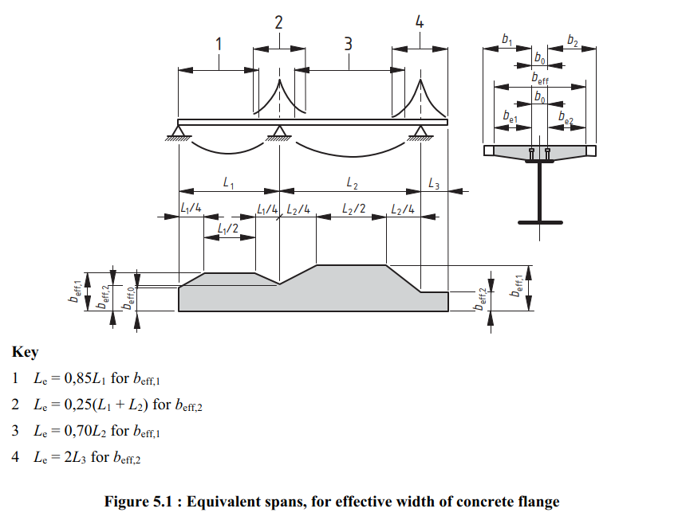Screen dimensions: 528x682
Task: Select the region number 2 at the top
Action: click(x=278, y=22)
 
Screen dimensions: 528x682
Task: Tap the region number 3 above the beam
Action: click(x=348, y=44)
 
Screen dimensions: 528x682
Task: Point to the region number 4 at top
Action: click(x=420, y=22)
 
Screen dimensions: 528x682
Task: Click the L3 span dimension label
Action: click(x=433, y=184)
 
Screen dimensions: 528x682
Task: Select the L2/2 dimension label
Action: click(x=353, y=209)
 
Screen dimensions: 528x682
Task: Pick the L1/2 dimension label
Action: click(x=228, y=229)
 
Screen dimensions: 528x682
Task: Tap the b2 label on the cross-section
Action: click(x=573, y=39)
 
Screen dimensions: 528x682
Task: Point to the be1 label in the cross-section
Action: click(x=511, y=117)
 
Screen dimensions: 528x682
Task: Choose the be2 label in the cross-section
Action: click(x=566, y=117)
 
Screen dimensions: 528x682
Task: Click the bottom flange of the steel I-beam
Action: click(x=540, y=221)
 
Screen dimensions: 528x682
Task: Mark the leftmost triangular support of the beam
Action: click(x=179, y=131)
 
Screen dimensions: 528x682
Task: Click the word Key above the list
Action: click(x=26, y=352)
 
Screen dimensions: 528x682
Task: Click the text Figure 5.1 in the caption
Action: click(x=141, y=502)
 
